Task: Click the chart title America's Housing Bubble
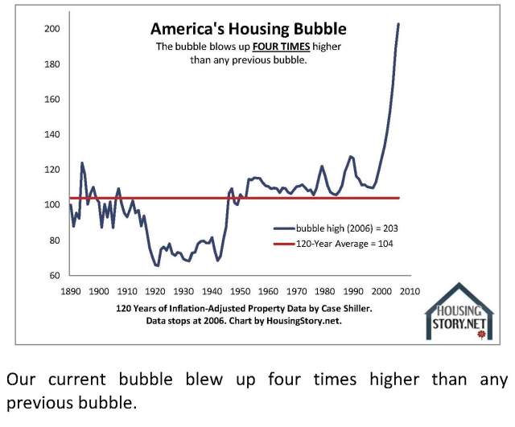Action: [x=249, y=29]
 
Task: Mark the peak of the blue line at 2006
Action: [x=398, y=24]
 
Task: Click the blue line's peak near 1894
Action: [x=81, y=163]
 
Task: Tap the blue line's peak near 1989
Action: [x=351, y=156]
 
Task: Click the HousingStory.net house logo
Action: [x=459, y=313]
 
